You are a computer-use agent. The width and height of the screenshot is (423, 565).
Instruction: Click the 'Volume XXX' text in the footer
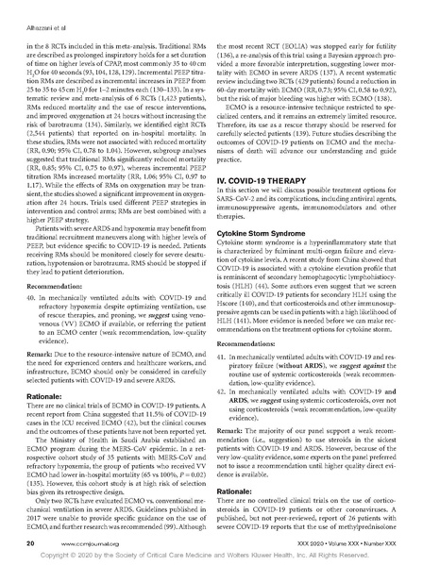(336, 543)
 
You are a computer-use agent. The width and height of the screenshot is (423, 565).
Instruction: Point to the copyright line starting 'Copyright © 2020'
(211, 557)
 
